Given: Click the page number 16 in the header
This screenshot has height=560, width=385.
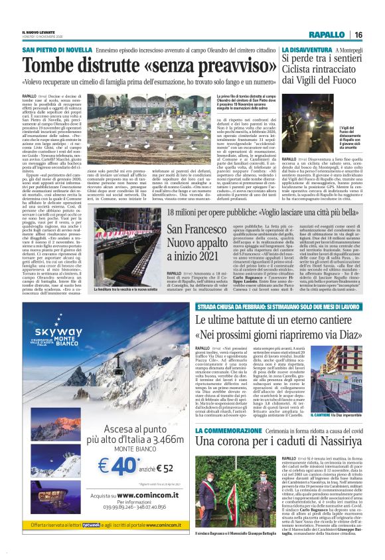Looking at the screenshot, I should click(358, 35).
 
